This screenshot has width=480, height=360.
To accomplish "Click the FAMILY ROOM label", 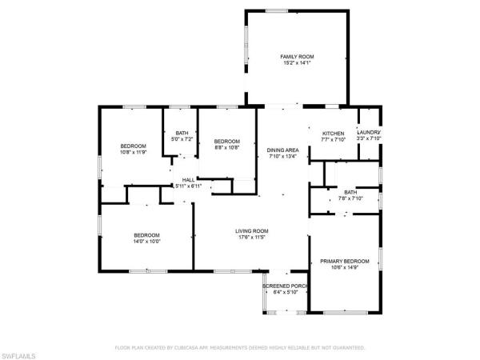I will click(297, 57).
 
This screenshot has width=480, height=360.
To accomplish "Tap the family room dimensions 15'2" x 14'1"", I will click(297, 63).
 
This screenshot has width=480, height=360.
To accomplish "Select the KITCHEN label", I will click(334, 133).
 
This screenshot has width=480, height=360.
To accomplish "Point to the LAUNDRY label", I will click(368, 133).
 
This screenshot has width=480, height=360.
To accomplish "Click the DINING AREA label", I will click(282, 150).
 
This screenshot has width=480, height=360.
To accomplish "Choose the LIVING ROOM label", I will click(251, 231).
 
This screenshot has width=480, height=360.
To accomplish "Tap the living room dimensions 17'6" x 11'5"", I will click(251, 238).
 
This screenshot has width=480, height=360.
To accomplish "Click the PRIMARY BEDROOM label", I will click(345, 261).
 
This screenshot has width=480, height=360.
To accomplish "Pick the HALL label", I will click(188, 180).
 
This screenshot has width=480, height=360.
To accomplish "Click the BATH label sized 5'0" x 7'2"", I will click(182, 133).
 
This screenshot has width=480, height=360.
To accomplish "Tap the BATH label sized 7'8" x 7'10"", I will click(350, 192).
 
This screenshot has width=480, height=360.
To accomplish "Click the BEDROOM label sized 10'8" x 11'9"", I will click(134, 146).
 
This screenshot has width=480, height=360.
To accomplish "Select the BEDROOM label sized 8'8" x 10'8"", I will click(227, 141).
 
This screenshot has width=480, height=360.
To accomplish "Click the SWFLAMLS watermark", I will click(21, 353).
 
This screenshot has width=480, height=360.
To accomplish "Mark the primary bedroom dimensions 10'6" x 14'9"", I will click(345, 267).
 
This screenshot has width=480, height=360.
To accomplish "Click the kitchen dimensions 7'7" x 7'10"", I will click(334, 139).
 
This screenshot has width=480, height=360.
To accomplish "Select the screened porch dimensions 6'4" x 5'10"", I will click(286, 292).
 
